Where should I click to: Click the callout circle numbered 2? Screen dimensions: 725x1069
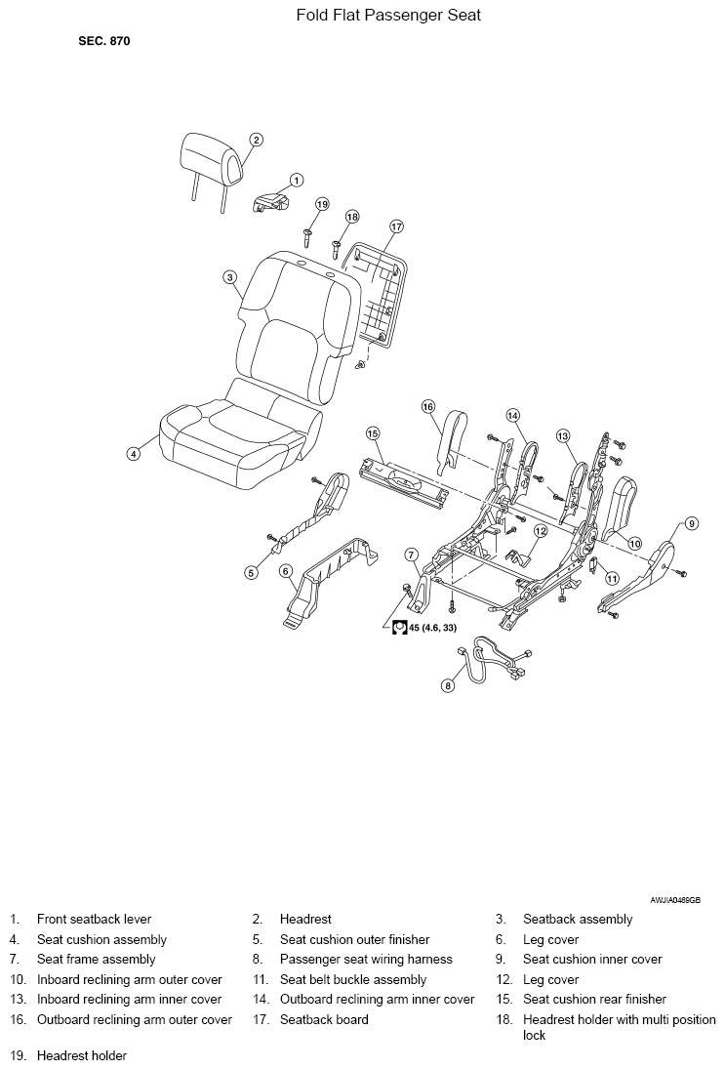pyautogui.click(x=256, y=140)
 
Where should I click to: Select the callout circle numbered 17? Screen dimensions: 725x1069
pyautogui.click(x=396, y=227)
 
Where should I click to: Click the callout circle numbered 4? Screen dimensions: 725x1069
pyautogui.click(x=135, y=453)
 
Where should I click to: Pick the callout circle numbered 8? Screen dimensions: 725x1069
pyautogui.click(x=448, y=685)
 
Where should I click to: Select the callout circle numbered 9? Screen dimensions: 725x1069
pyautogui.click(x=692, y=523)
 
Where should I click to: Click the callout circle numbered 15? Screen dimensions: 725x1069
pyautogui.click(x=372, y=432)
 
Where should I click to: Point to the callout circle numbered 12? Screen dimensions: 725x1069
pyautogui.click(x=541, y=530)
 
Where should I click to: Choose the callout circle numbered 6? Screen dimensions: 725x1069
pyautogui.click(x=287, y=571)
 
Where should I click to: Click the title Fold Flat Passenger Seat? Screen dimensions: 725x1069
pyautogui.click(x=388, y=15)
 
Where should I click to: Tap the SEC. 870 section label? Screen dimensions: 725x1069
pyautogui.click(x=104, y=41)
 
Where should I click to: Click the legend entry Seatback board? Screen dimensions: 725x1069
pyautogui.click(x=324, y=1019)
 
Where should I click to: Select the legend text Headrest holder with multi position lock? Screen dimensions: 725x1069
pyautogui.click(x=620, y=1027)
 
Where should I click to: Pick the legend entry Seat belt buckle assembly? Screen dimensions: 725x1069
pyautogui.click(x=353, y=980)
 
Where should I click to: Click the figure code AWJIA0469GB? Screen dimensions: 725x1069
pyautogui.click(x=675, y=901)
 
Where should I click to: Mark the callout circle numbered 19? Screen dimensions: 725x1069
pyautogui.click(x=322, y=204)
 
